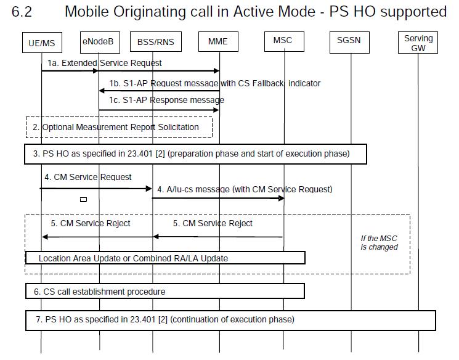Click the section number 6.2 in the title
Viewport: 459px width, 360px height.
pos(22,12)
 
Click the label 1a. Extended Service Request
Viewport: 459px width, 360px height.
pos(105,63)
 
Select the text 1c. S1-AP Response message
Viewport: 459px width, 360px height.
pos(166,100)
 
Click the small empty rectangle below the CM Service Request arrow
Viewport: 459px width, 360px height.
pos(83,200)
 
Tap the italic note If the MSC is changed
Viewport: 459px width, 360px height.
pos(379,242)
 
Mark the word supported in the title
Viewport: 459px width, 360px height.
pos(413,12)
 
